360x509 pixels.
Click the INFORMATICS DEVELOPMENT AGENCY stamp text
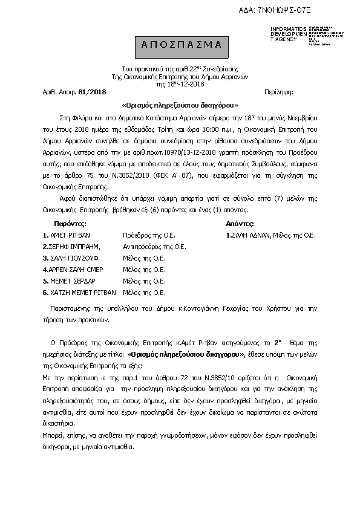click(x=284, y=34)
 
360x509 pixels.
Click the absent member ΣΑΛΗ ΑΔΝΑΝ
click(x=249, y=234)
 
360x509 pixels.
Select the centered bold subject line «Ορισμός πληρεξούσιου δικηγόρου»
click(x=180, y=103)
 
